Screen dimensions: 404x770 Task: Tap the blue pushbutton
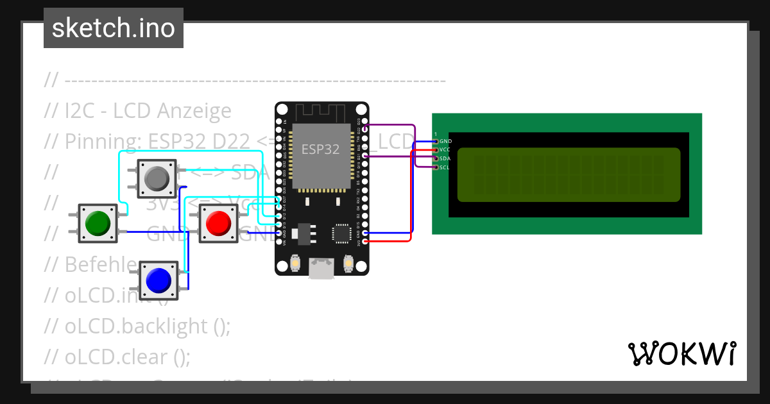(158, 280)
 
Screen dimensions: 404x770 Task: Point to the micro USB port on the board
(321, 269)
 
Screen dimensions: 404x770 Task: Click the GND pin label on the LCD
(446, 141)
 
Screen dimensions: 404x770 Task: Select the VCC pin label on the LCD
(446, 149)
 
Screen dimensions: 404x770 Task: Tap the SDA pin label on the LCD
(446, 158)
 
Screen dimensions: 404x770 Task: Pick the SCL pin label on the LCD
(445, 167)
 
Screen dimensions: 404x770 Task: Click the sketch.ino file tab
(114, 28)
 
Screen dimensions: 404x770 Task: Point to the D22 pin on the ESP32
(365, 129)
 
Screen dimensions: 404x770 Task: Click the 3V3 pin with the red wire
(365, 242)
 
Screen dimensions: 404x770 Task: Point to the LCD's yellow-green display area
(569, 174)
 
